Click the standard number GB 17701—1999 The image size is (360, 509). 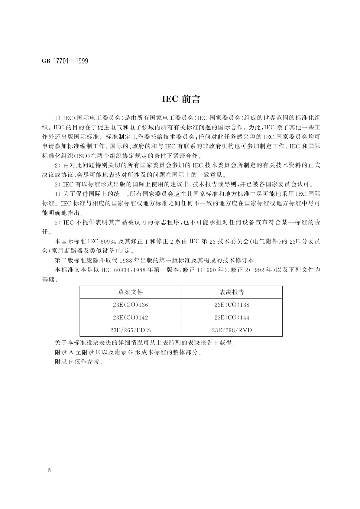tap(65, 61)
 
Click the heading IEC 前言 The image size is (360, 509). tap(181, 99)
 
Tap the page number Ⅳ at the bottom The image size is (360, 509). tap(50, 471)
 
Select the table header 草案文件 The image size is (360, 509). tap(130, 292)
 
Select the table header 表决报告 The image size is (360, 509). tap(232, 292)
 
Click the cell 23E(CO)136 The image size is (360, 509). tap(130, 305)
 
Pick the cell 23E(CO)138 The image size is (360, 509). tap(232, 305)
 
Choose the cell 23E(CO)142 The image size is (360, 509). tap(130, 318)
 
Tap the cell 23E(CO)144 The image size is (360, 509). tap(232, 318)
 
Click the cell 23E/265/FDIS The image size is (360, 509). tap(130, 330)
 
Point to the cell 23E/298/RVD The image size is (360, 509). tap(232, 330)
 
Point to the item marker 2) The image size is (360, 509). tap(57, 166)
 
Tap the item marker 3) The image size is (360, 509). tap(57, 184)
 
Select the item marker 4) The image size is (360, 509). tap(57, 194)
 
